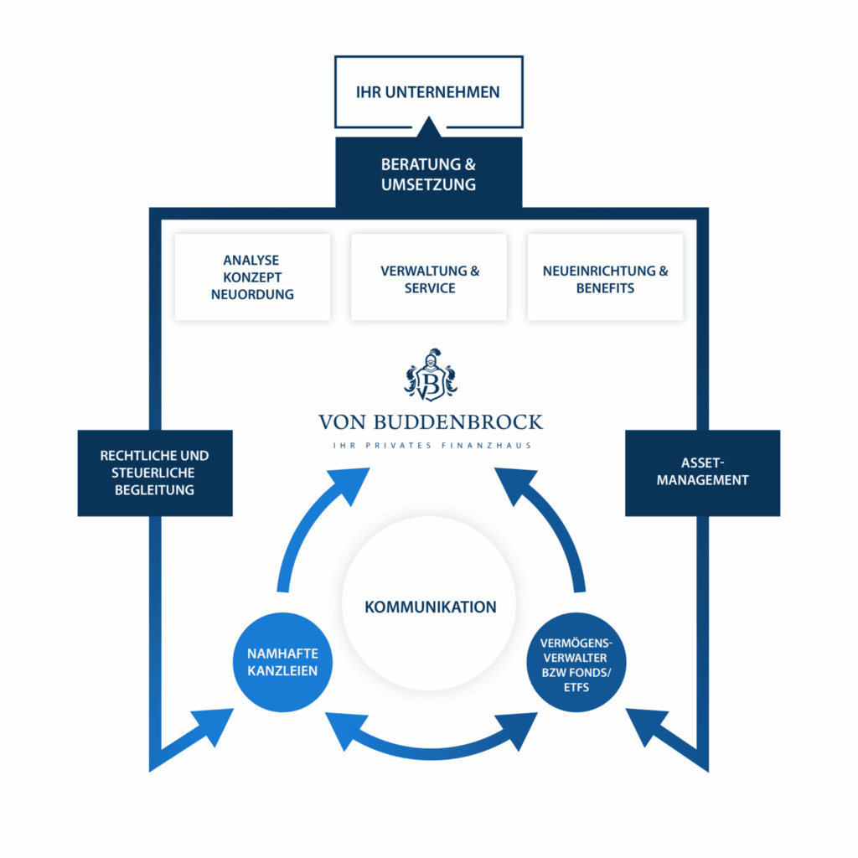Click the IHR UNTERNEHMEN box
click(428, 91)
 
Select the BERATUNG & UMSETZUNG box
click(428, 173)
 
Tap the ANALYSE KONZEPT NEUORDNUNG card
click(252, 277)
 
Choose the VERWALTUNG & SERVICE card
click(429, 277)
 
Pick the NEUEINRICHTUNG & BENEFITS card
click(605, 277)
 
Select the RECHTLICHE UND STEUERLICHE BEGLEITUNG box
click(154, 473)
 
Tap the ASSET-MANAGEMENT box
click(702, 473)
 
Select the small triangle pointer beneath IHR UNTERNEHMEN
click(429, 128)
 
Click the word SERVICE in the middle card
click(429, 287)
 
